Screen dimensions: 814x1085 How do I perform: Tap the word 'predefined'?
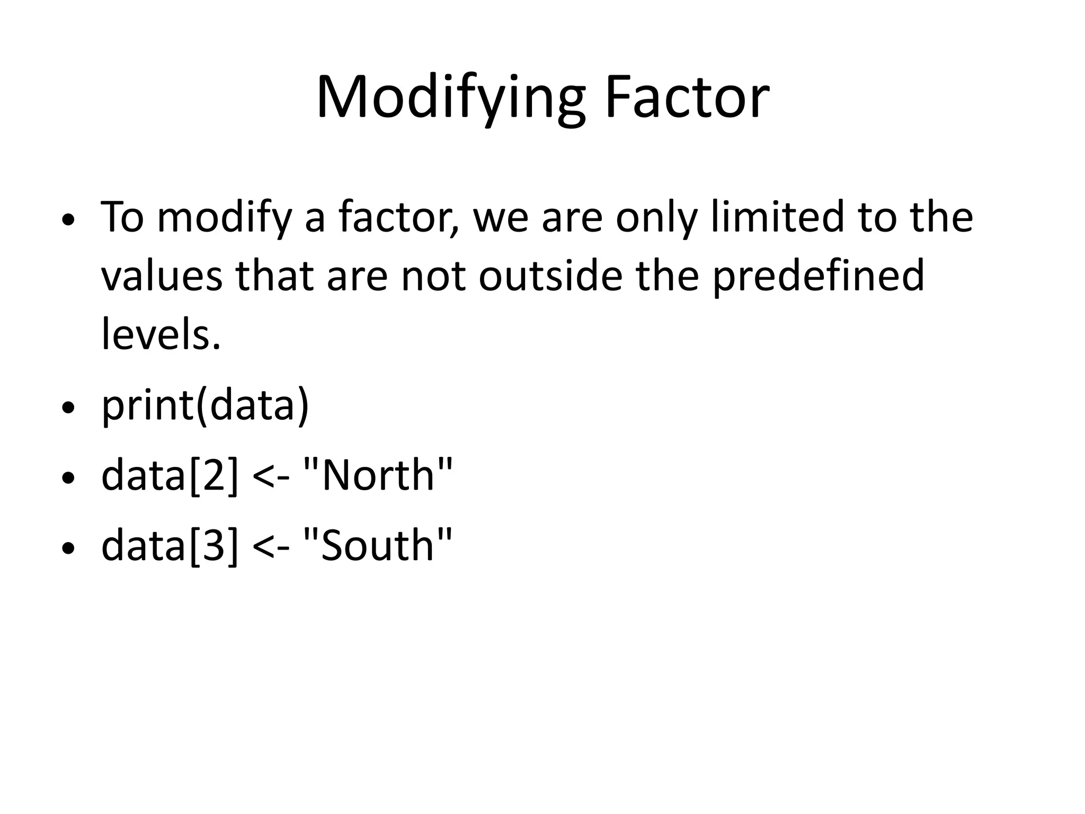point(818,277)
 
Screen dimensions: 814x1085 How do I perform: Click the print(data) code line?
point(205,406)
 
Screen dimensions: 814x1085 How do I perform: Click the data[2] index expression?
point(170,475)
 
